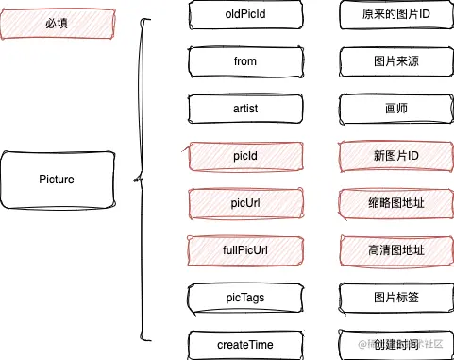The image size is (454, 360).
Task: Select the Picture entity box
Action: [x=58, y=180]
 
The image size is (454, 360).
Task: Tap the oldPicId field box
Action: [x=245, y=14]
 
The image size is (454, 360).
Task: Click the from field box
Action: [x=245, y=61]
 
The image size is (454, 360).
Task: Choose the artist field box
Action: [x=245, y=109]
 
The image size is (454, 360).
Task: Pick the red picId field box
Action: [x=245, y=156]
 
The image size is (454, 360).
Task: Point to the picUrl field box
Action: [x=245, y=203]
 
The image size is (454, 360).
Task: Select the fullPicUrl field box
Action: [x=245, y=250]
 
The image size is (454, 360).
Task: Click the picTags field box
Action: [x=245, y=298]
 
